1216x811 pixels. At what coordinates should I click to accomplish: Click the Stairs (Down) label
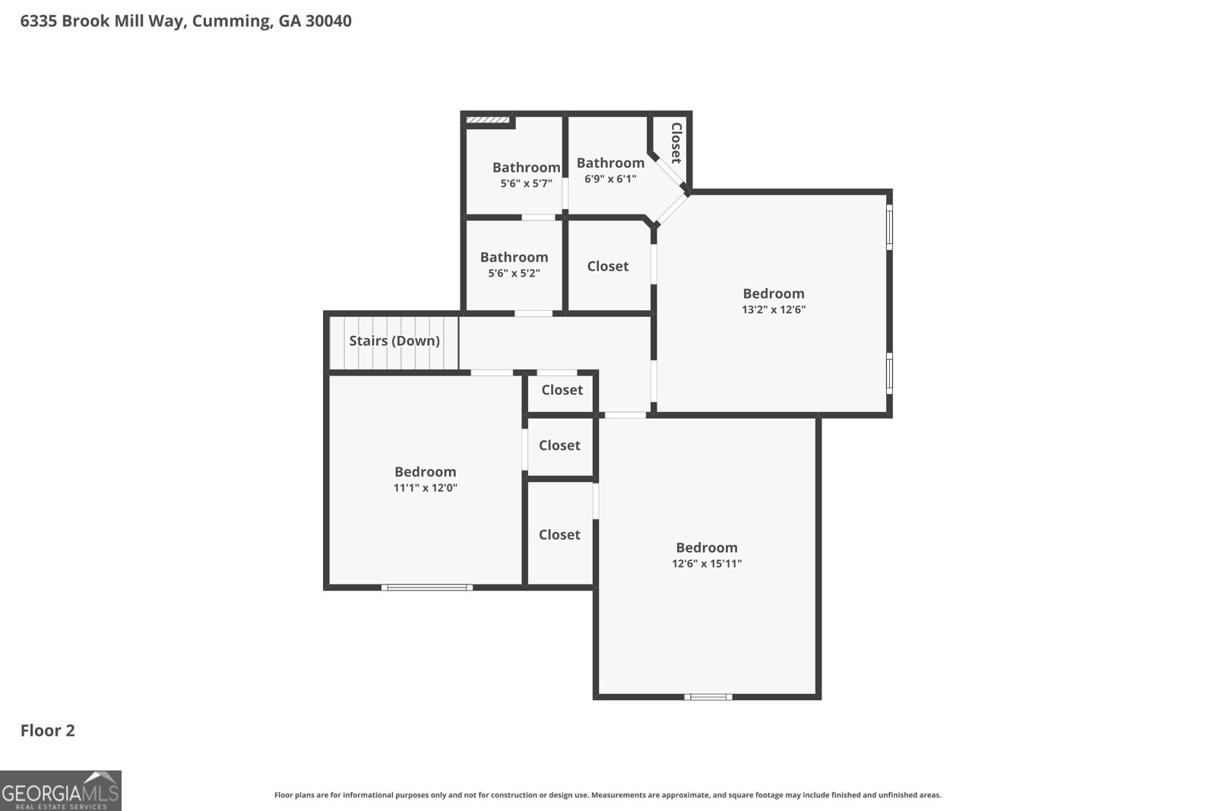[394, 341]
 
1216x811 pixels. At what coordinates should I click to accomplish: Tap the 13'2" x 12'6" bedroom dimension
[774, 309]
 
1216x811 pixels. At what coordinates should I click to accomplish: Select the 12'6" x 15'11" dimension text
[707, 563]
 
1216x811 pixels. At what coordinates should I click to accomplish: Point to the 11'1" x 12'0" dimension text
[425, 487]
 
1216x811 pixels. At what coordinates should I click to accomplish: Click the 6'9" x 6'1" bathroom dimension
[610, 179]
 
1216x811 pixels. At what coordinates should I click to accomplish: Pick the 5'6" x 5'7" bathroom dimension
[526, 183]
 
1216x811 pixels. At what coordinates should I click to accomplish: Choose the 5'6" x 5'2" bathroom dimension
[514, 273]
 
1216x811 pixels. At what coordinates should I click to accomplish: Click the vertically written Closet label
[676, 143]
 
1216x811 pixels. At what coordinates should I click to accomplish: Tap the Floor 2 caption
[48, 730]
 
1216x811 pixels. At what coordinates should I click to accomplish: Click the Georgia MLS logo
[61, 790]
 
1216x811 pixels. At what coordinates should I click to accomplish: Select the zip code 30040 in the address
[328, 21]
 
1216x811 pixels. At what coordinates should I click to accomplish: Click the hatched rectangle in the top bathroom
[488, 120]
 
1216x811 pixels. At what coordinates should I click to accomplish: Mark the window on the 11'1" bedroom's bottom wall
[426, 588]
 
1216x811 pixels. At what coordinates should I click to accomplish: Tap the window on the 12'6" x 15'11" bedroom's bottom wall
[708, 697]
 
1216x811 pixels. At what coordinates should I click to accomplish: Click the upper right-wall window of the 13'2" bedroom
[889, 227]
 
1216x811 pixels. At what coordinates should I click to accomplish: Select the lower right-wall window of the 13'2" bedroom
[889, 373]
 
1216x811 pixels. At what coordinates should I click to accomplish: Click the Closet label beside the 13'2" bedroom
[607, 266]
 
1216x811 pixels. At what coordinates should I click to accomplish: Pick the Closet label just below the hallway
[562, 390]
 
